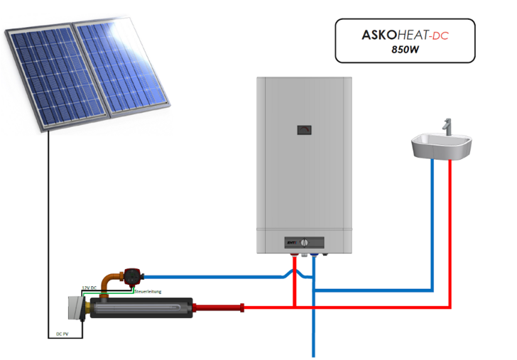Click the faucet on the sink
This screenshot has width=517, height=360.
pyautogui.click(x=447, y=127)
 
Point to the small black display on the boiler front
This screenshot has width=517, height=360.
pyautogui.click(x=304, y=130)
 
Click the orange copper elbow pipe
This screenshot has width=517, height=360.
pyautogui.click(x=108, y=280)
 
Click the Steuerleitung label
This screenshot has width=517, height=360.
pyautogui.click(x=145, y=291)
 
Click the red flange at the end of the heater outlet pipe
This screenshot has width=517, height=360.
pyautogui.click(x=242, y=307)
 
